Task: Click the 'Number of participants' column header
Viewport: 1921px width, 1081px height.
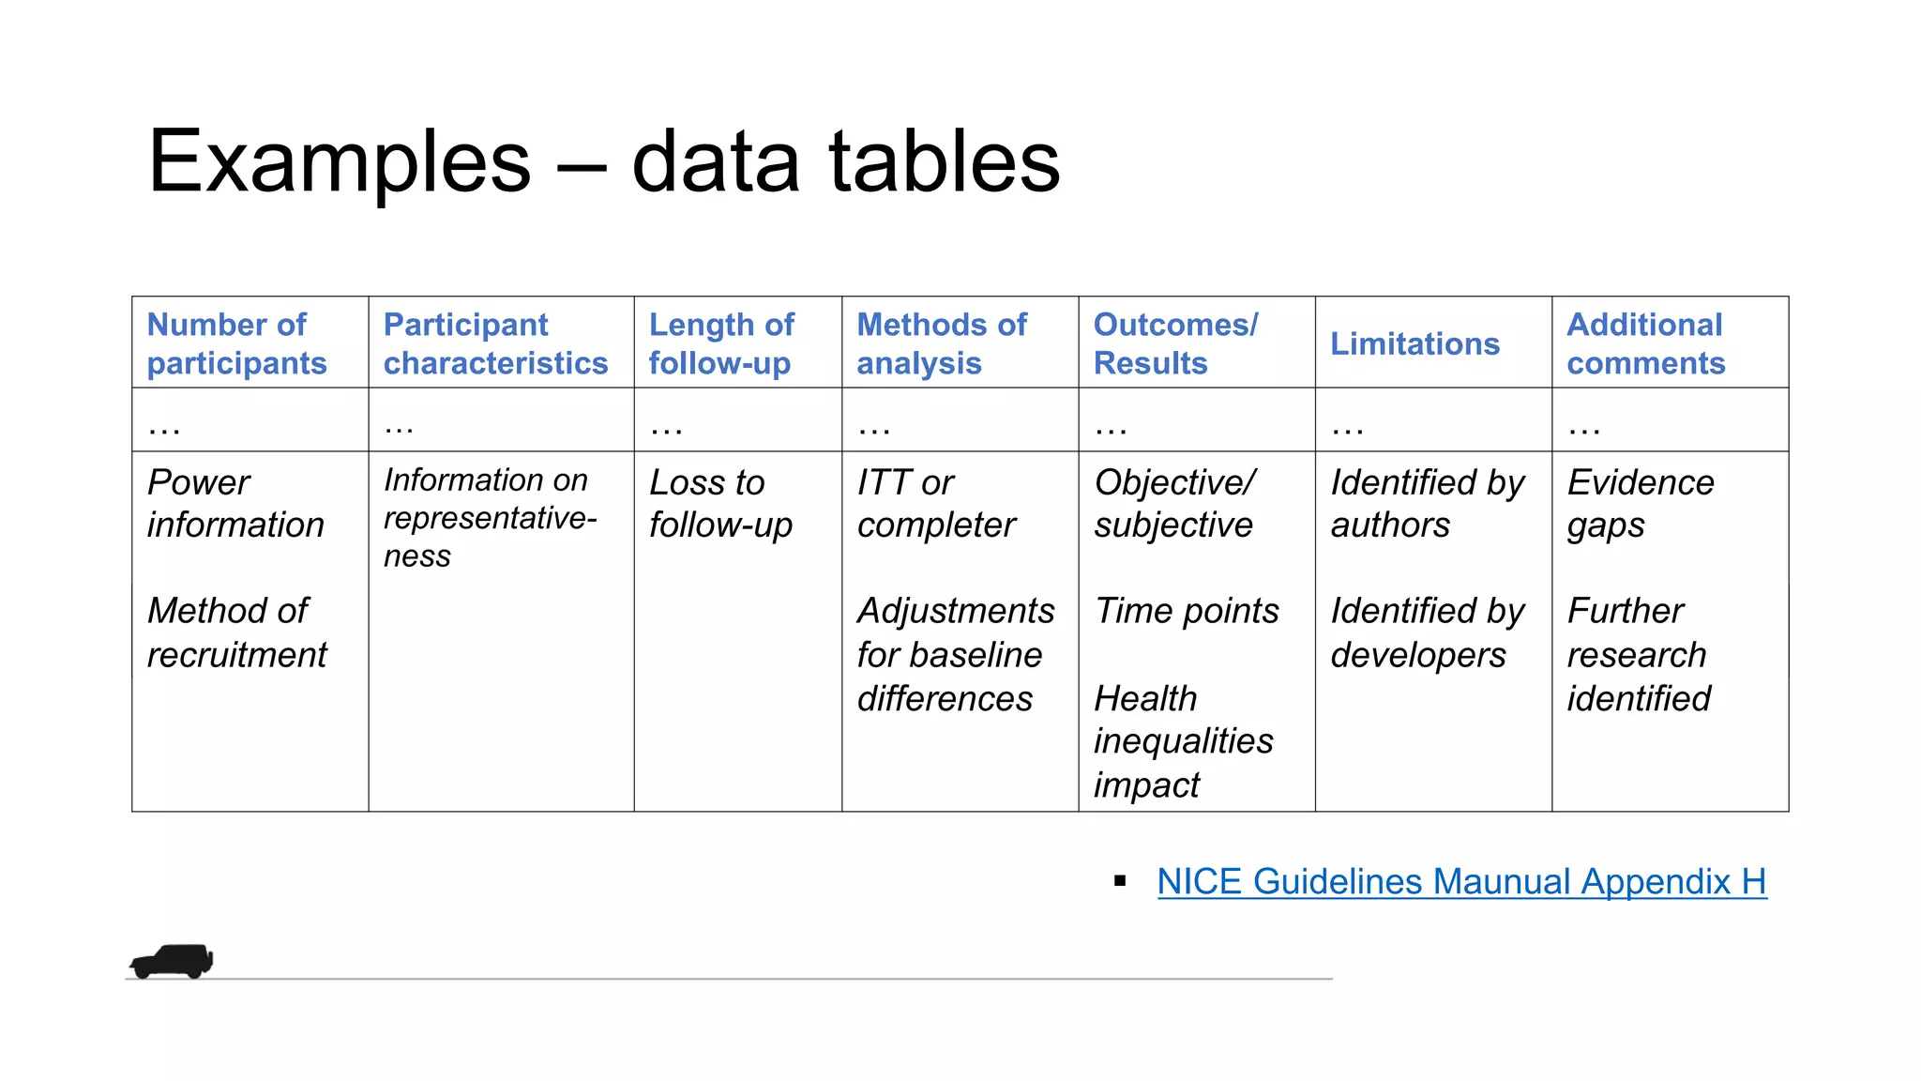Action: click(x=236, y=343)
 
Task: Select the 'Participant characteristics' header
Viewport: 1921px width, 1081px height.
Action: click(x=495, y=343)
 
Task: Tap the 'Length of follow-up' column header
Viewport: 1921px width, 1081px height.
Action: click(x=721, y=343)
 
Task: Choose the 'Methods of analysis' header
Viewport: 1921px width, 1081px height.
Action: click(x=942, y=343)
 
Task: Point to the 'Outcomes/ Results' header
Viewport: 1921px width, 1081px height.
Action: click(x=1175, y=343)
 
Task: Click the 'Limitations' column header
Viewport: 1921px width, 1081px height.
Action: click(x=1414, y=343)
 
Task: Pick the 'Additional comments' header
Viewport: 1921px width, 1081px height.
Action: click(x=1645, y=343)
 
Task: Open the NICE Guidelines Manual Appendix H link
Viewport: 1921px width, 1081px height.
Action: click(x=1461, y=881)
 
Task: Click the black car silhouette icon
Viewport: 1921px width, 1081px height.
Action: click(x=172, y=961)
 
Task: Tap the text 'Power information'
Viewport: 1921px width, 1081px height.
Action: click(x=235, y=504)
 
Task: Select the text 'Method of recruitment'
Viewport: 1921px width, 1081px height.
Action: click(x=236, y=632)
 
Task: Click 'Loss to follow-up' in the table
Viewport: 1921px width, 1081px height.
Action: click(x=720, y=504)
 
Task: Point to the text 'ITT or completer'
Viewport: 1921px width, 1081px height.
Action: click(x=935, y=504)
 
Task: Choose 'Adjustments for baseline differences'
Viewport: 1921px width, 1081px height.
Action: click(x=955, y=654)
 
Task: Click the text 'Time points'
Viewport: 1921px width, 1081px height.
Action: click(x=1186, y=611)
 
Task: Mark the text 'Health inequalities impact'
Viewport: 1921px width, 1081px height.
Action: click(x=1183, y=741)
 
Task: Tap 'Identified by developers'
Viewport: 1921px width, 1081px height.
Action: click(x=1427, y=632)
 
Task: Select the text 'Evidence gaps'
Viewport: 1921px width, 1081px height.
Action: click(x=1640, y=504)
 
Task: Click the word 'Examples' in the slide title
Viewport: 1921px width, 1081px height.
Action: click(x=339, y=161)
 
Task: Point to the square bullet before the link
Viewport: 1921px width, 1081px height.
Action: click(x=1119, y=880)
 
